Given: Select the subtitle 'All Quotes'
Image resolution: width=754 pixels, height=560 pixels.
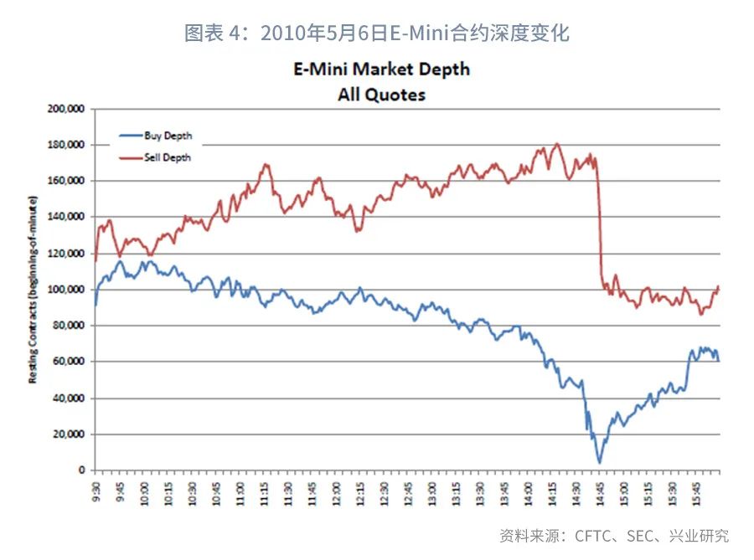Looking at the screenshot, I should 381,94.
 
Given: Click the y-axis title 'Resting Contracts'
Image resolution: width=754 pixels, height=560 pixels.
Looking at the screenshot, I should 34,290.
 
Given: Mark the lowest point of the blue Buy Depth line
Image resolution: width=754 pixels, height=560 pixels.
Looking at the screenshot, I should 599,462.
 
